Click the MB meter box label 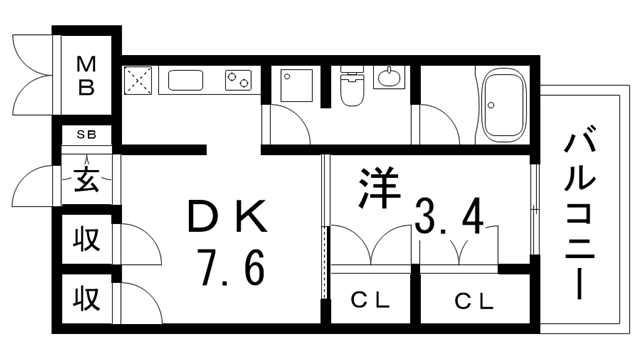point(86,76)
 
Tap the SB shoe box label point(87,134)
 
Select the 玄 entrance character point(87,180)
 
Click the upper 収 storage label point(87,240)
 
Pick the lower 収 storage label point(87,299)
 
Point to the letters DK point(227,216)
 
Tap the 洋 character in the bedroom point(379,188)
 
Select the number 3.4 point(449,216)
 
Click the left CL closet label point(370,301)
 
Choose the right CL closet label point(474,302)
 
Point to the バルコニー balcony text point(580,213)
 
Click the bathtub point(503,105)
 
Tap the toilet point(352,85)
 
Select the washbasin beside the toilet point(389,77)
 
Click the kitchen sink point(186,80)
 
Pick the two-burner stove point(238,80)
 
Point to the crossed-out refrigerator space point(138,80)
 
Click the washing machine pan point(297,85)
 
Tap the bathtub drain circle point(491,105)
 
